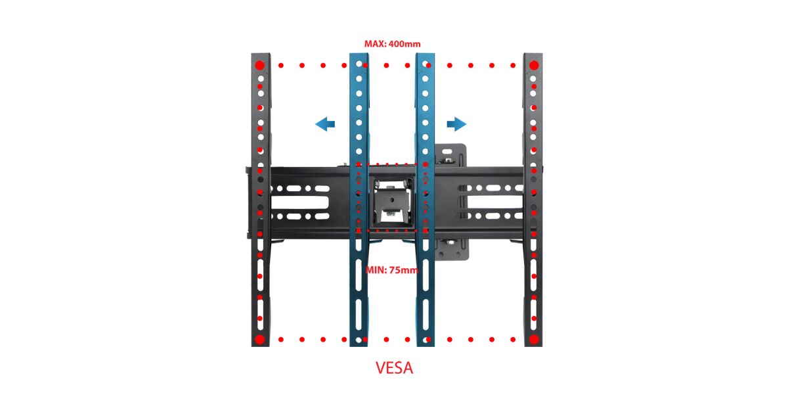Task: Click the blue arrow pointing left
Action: point(325,124)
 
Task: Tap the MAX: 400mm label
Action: point(392,44)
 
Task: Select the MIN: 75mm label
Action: point(392,270)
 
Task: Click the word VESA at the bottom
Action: point(394,368)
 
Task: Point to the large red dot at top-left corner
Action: point(259,65)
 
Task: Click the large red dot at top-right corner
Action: point(534,65)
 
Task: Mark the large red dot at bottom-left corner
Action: point(259,339)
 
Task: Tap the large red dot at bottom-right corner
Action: point(534,339)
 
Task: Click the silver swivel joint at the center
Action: point(391,200)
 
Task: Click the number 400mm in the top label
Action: point(404,44)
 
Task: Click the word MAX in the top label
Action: point(375,44)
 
